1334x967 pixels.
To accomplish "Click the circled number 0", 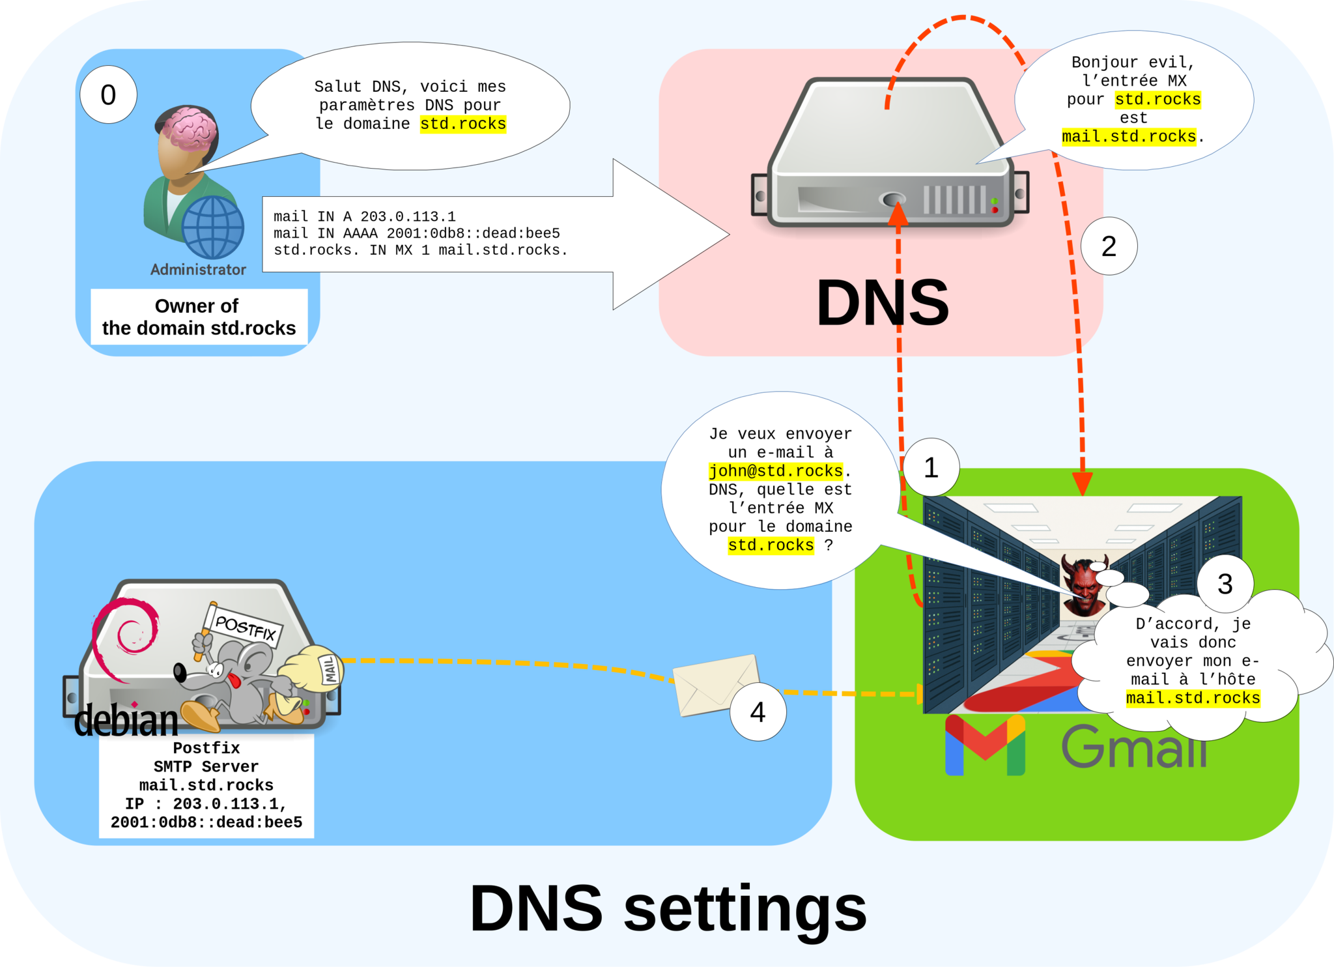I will tap(108, 95).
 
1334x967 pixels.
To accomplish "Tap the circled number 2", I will tap(1109, 246).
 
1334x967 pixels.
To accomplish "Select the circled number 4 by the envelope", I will tap(758, 712).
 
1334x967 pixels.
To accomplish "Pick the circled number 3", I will tap(1225, 584).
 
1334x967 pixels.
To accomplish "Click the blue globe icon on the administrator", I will tap(212, 227).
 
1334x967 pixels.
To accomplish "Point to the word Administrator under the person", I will tap(198, 270).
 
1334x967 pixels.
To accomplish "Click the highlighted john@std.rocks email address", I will tap(775, 470).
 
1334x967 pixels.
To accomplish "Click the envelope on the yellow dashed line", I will tap(715, 684).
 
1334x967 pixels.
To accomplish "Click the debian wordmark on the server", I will tap(126, 721).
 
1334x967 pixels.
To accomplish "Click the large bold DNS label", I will tap(883, 303).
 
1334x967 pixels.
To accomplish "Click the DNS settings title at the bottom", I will tap(668, 908).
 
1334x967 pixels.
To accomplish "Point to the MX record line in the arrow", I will tap(420, 250).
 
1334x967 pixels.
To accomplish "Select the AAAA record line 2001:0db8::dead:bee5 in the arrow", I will tap(417, 233).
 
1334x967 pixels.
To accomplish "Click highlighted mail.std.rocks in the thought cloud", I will tap(1193, 698).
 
